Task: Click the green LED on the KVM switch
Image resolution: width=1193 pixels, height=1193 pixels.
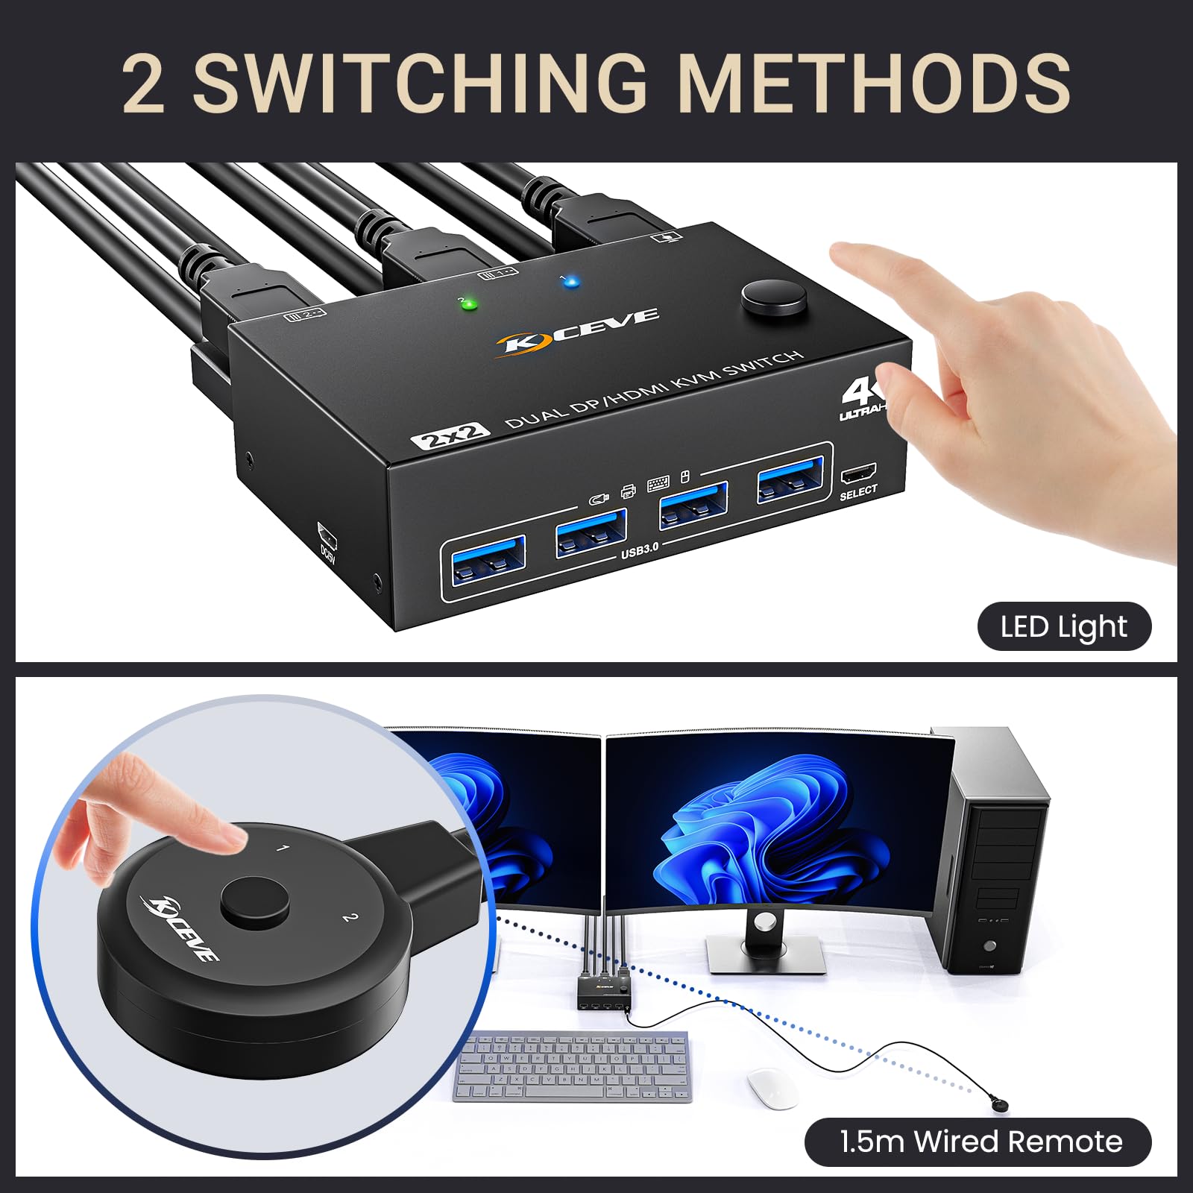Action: (469, 304)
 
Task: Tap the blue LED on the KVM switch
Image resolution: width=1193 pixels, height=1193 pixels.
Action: (570, 282)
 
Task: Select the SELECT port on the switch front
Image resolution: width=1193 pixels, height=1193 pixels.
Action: (858, 474)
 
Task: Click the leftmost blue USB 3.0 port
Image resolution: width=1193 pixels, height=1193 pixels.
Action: (485, 560)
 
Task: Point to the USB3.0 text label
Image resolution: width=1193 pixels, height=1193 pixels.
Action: (640, 550)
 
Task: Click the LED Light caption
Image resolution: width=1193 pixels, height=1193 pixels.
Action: (1064, 627)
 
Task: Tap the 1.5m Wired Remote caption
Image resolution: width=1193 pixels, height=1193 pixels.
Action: (980, 1142)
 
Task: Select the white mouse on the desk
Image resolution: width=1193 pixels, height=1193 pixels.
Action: (772, 1089)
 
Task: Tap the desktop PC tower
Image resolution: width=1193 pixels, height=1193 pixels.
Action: (989, 850)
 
